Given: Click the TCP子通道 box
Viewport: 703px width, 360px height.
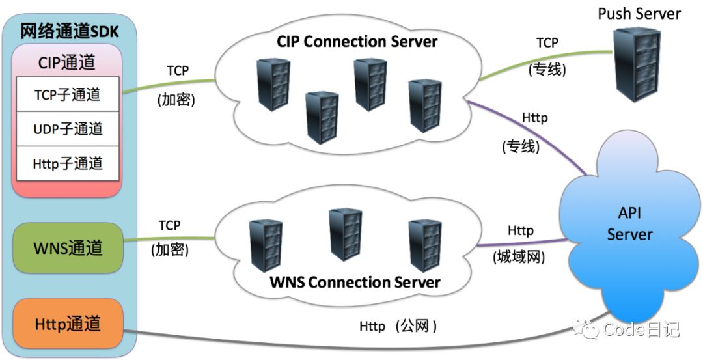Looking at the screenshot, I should coord(68,94).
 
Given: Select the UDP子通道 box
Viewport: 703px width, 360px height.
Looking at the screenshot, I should coord(68,129).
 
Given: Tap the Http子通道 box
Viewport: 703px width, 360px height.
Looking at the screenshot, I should coord(68,163).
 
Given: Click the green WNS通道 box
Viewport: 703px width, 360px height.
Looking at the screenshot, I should coord(68,247).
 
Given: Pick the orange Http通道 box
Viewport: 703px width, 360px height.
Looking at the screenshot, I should coord(68,323).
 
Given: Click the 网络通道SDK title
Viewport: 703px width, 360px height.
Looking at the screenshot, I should coord(68,31).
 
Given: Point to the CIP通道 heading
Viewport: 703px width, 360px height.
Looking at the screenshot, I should coord(68,62).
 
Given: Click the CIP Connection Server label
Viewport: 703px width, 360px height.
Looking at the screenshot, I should coord(357,42).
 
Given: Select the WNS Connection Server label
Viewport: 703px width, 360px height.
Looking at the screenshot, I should coord(355,283).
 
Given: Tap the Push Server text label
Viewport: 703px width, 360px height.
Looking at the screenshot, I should coord(639,14).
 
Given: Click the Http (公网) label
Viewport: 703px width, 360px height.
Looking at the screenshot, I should coord(398,325).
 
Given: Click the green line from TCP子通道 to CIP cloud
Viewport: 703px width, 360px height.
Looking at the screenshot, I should coord(169,87).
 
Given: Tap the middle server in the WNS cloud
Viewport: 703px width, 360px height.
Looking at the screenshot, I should coord(345,234).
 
